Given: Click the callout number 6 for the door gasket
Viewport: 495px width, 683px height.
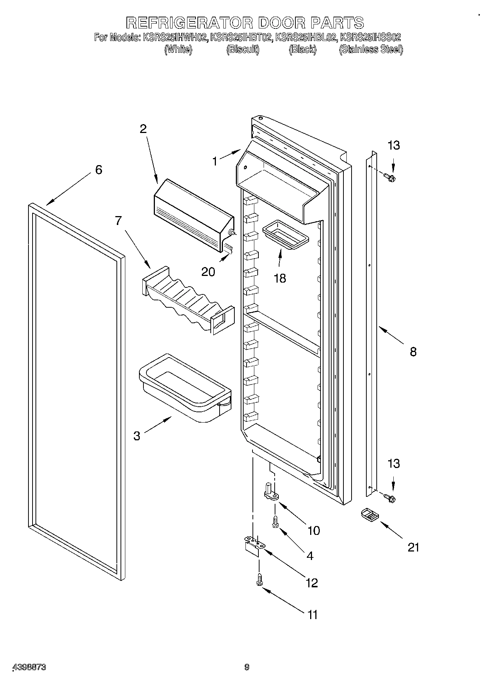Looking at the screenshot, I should point(98,170).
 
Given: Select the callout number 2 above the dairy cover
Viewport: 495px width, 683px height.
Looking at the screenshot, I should point(143,129).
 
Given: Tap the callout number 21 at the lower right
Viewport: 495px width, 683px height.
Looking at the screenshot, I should point(413,547).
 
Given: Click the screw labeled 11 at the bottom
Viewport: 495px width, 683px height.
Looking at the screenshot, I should point(259,579).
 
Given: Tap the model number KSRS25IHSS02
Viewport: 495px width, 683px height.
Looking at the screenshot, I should point(370,37).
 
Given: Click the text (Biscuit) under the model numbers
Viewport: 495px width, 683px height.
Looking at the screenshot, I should point(243,49).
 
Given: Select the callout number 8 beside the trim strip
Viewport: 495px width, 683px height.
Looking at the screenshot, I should point(413,352).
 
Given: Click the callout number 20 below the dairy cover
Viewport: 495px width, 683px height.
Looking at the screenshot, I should point(208,272).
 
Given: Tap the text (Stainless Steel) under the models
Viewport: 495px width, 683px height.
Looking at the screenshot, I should point(371,49).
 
